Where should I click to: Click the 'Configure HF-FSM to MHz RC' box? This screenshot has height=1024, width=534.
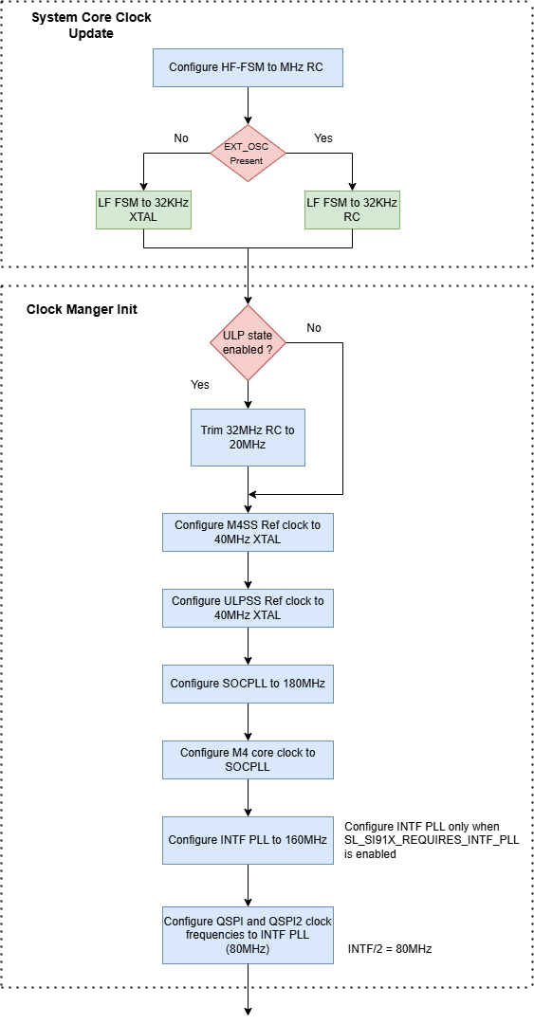(248, 67)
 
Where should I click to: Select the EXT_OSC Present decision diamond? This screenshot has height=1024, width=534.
(248, 154)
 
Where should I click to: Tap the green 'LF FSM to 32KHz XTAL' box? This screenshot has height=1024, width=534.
(142, 210)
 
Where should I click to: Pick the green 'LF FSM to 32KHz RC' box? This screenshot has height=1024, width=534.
(352, 210)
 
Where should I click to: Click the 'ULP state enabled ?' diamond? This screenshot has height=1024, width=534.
(248, 342)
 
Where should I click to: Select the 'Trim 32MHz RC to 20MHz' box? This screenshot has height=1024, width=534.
(248, 437)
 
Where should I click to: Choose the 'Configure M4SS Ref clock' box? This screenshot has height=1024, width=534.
(248, 532)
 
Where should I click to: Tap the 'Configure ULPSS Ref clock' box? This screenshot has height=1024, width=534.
(248, 608)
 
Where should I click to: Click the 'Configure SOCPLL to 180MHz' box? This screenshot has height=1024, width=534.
(248, 683)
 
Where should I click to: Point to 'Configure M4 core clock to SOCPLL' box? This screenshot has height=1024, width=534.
(248, 759)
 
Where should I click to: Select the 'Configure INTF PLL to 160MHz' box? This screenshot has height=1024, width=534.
(248, 840)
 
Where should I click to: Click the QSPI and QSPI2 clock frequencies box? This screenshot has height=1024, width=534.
(248, 935)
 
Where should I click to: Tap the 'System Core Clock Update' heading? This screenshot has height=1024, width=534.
(91, 26)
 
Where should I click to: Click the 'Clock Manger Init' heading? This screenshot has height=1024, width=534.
(82, 309)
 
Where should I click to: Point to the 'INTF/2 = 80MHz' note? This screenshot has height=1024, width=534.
(390, 948)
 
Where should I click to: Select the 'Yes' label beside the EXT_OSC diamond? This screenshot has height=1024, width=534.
(323, 138)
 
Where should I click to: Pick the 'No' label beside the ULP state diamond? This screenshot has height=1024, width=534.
(314, 328)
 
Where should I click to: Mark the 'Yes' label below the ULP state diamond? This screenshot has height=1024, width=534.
(200, 385)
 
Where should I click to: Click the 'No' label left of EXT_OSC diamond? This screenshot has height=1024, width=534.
(181, 138)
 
